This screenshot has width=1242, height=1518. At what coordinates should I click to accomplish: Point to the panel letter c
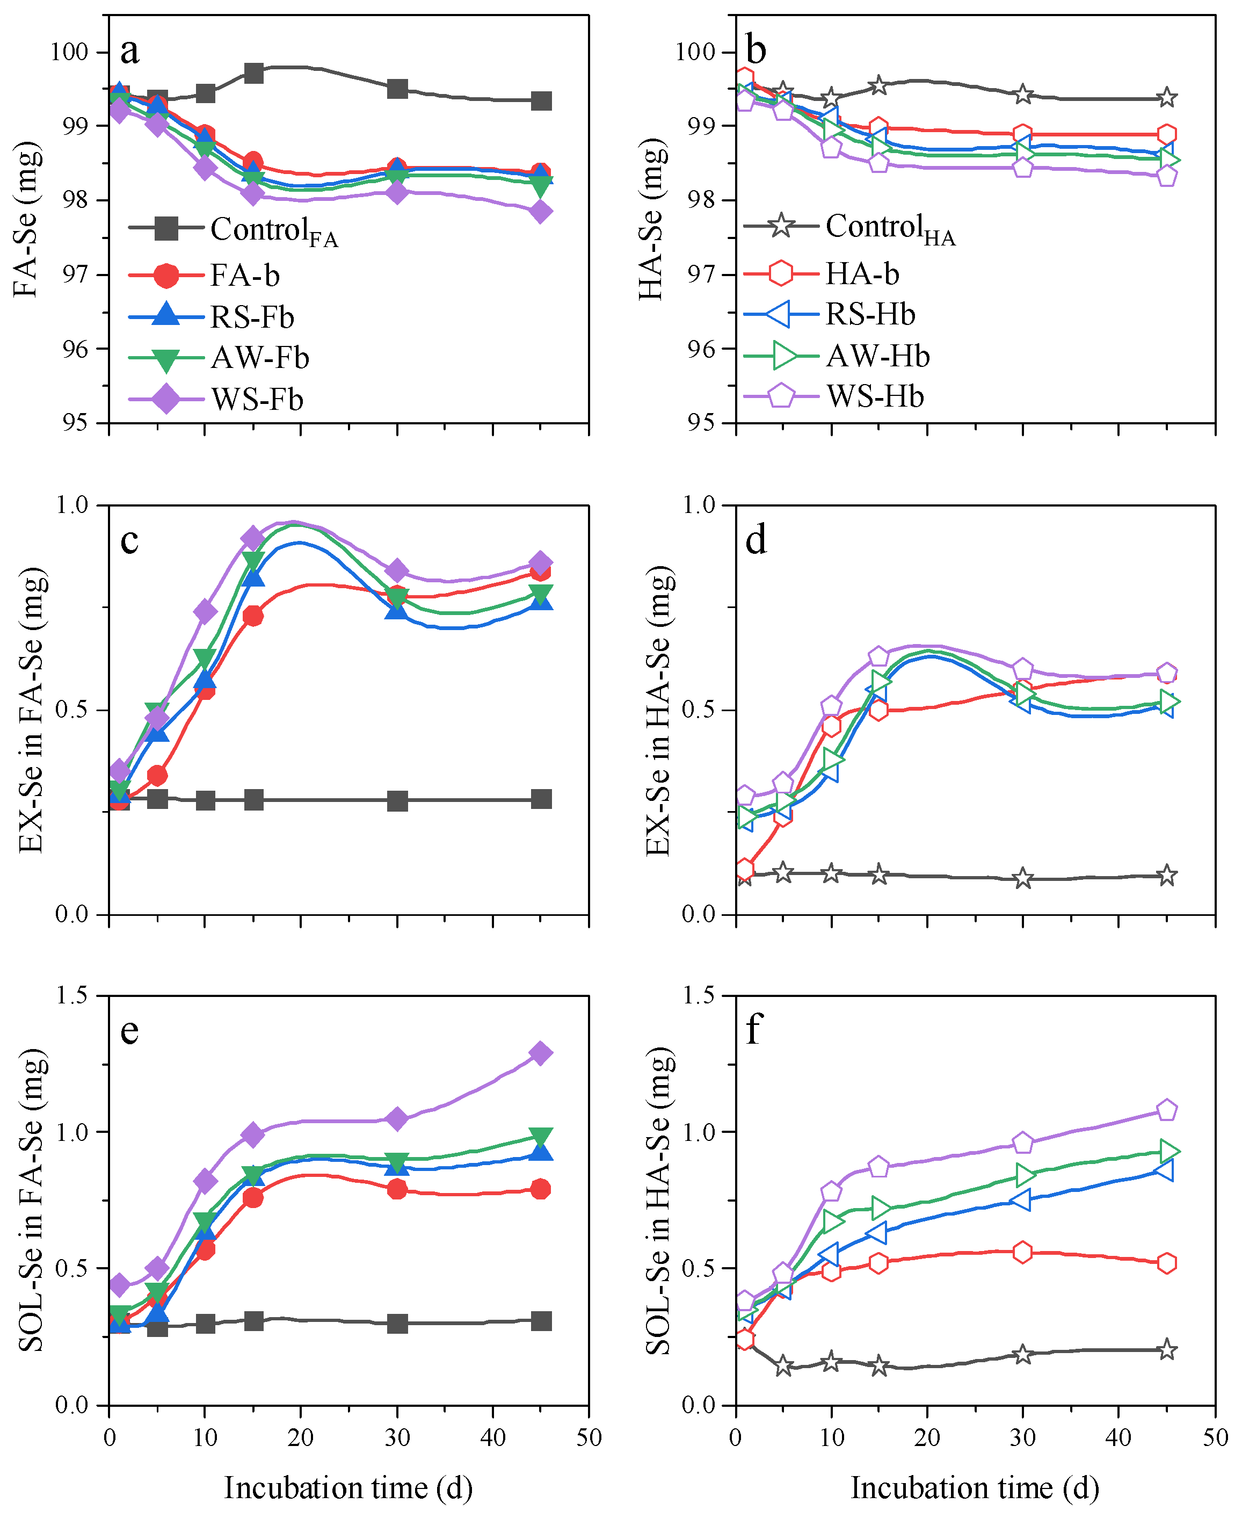click(129, 540)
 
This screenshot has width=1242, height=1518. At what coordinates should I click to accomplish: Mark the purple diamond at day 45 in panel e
click(541, 1053)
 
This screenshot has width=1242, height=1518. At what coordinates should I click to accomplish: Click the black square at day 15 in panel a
click(253, 73)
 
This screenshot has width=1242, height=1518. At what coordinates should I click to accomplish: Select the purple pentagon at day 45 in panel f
click(1167, 1109)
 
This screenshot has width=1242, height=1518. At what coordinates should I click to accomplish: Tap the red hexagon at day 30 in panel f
click(1023, 1252)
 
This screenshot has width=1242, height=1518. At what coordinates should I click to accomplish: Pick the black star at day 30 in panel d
click(1023, 878)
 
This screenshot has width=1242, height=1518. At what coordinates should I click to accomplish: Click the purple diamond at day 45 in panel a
click(541, 211)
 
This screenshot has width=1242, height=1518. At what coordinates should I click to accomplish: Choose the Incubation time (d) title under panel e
click(348, 1488)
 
